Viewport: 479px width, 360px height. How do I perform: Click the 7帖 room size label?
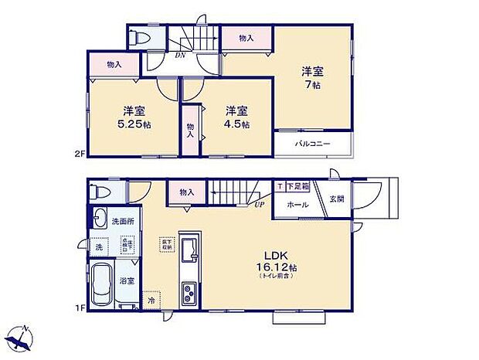(312, 85)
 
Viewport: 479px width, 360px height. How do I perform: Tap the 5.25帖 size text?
(134, 124)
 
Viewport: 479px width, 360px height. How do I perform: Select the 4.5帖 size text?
(236, 124)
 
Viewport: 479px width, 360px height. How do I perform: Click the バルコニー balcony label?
(313, 144)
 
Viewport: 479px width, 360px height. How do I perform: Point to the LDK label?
(279, 256)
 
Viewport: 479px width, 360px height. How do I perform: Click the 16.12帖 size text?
(279, 267)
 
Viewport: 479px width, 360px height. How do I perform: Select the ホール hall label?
(297, 205)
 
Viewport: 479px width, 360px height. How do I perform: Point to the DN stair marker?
(180, 55)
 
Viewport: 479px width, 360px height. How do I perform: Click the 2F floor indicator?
(80, 155)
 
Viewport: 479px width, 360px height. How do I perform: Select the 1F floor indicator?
(80, 309)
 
